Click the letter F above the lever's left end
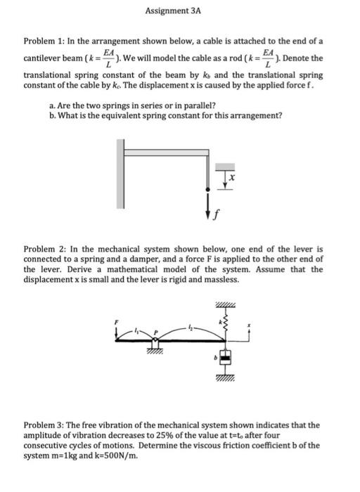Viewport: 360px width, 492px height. coord(118,322)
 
